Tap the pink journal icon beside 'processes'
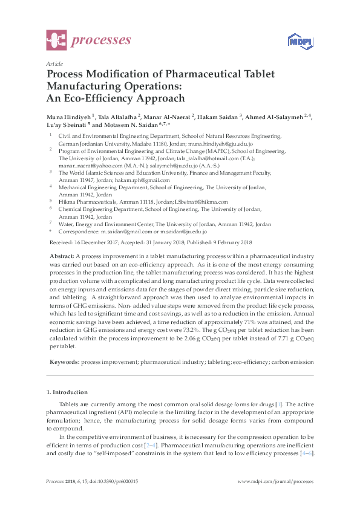[x=56, y=41]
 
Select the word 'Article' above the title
[x=54, y=63]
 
